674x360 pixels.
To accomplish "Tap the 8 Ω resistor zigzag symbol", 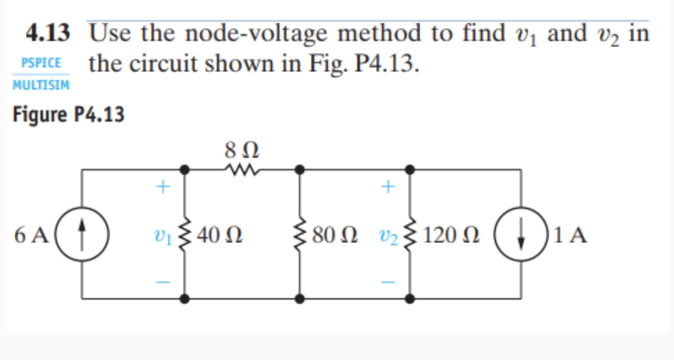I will point(242,169).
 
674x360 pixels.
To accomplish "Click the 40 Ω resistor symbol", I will point(185,234).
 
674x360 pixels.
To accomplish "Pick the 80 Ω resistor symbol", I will point(300,234).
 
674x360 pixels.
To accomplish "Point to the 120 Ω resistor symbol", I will point(411,234).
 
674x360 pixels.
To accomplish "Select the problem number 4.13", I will point(48,33).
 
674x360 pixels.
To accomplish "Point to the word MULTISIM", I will point(41,84).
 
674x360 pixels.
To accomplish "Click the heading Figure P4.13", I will point(69,115).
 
